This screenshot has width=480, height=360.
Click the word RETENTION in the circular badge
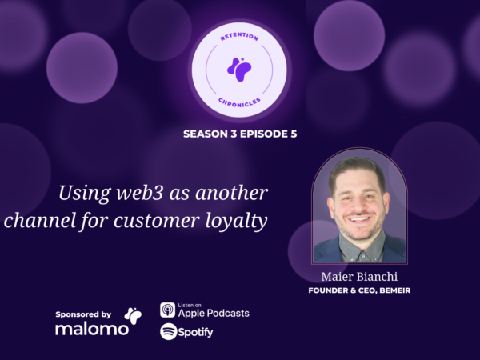click(239, 37)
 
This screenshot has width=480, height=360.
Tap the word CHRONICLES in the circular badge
click(239, 103)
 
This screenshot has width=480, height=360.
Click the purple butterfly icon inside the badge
click(239, 70)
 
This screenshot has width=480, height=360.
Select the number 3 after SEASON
click(234, 134)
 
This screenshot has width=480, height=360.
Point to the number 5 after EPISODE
click(294, 134)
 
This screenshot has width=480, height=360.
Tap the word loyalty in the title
click(236, 221)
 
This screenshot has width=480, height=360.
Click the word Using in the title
click(85, 194)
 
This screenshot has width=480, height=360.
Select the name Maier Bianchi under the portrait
click(359, 277)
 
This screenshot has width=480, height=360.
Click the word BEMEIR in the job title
click(395, 290)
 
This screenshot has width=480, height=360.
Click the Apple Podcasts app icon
click(168, 310)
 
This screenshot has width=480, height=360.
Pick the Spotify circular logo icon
click(169, 331)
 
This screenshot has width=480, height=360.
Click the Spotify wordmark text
click(195, 333)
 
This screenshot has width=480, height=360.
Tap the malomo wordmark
click(92, 329)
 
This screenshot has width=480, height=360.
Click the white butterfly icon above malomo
click(133, 316)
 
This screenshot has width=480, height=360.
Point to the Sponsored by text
click(83, 314)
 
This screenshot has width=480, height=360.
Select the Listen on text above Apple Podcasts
click(190, 306)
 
